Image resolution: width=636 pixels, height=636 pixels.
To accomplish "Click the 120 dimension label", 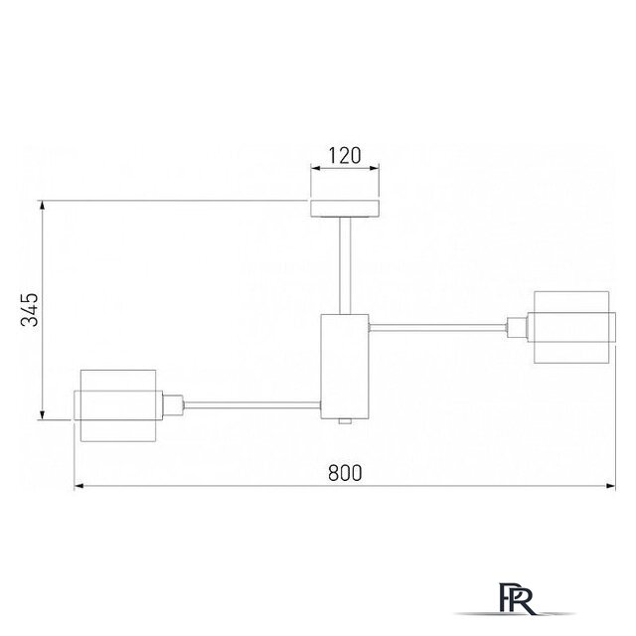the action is (345, 156).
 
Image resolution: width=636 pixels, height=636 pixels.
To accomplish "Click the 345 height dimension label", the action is (30, 310).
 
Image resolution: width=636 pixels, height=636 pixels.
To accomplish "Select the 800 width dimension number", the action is (345, 473).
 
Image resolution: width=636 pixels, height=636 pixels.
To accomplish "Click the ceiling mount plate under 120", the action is (345, 209).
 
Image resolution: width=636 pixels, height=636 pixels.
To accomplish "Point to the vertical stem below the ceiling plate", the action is (345, 265).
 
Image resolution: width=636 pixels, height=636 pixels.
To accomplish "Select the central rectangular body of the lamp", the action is (345, 367).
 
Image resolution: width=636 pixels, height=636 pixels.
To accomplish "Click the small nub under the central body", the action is (345, 421).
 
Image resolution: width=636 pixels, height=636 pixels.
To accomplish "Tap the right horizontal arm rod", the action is (438, 327).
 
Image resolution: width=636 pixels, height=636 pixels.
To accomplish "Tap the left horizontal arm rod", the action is (252, 404).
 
